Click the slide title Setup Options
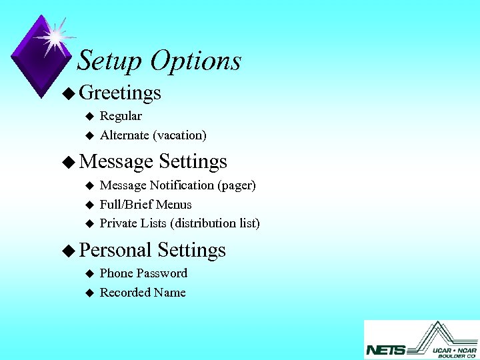(159, 61)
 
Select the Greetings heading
(120, 93)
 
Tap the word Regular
(121, 116)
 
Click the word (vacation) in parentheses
(179, 135)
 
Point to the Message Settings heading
(153, 161)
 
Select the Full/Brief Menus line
(145, 205)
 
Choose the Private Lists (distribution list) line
(179, 223)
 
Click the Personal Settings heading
(152, 250)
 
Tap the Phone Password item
(143, 273)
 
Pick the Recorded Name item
(143, 293)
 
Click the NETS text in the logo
(385, 349)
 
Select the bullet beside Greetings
(67, 93)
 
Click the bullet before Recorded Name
(89, 293)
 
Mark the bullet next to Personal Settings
(67, 251)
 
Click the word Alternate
(124, 135)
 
